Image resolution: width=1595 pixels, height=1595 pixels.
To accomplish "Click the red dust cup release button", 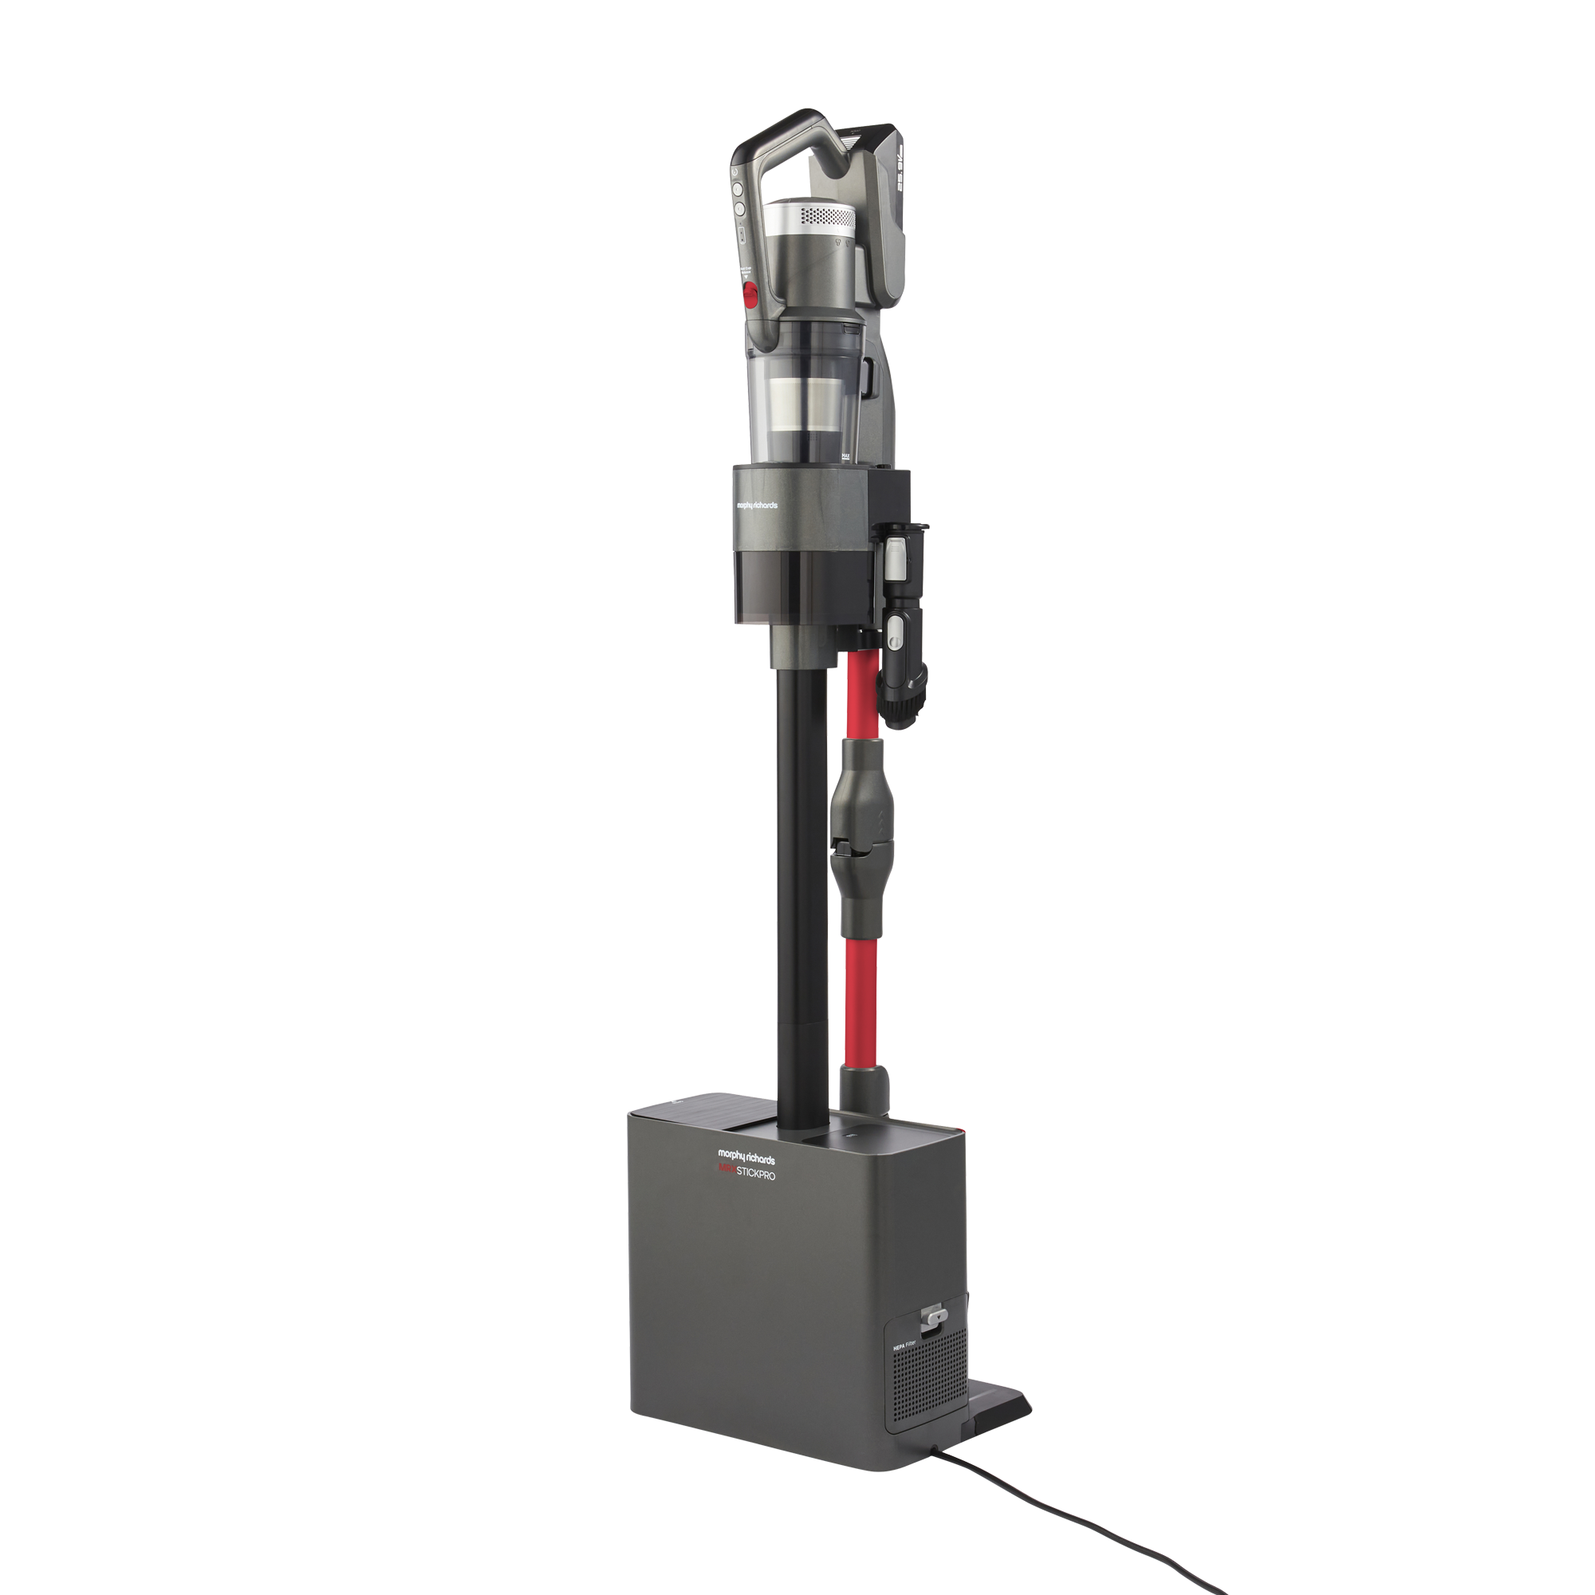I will [751, 292].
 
